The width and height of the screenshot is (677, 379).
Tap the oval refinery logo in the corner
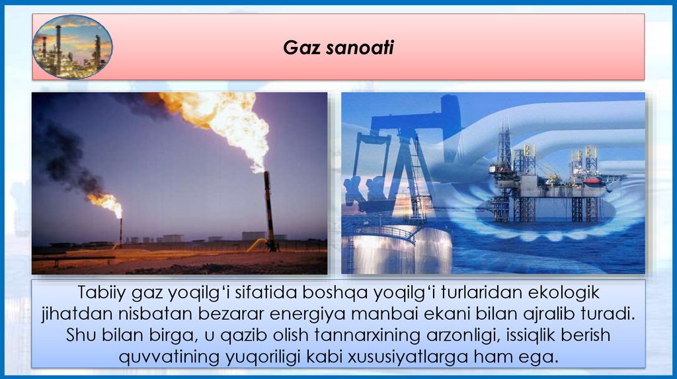pyautogui.click(x=72, y=47)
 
